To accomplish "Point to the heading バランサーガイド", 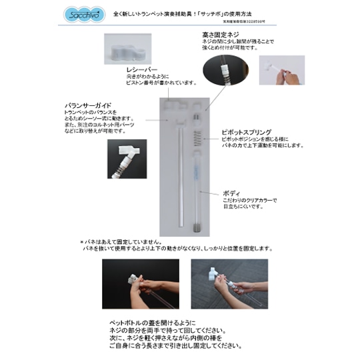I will coord(87,105).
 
